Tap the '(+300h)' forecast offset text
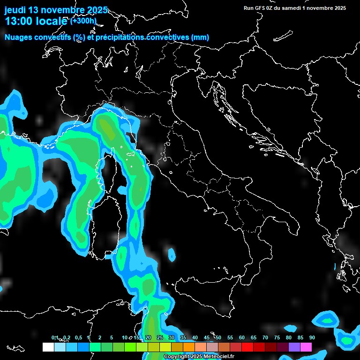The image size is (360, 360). pyautogui.click(x=83, y=21)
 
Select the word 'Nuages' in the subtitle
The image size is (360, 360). pyautogui.click(x=18, y=37)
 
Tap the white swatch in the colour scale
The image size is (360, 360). pyautogui.click(x=48, y=347)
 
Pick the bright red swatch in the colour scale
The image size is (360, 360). pyautogui.click(x=247, y=347)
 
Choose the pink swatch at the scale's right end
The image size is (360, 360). pyautogui.click(x=306, y=347)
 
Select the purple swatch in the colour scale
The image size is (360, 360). pyautogui.click(x=294, y=347)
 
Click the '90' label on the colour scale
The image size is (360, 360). pyautogui.click(x=312, y=338)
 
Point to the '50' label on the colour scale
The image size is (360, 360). pyautogui.click(x=218, y=338)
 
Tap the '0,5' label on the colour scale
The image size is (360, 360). pyautogui.click(x=78, y=338)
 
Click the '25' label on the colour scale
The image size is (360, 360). pyautogui.click(x=159, y=338)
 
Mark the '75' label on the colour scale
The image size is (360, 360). pyautogui.click(x=277, y=338)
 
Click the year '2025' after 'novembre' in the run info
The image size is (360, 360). pyautogui.click(x=339, y=8)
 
